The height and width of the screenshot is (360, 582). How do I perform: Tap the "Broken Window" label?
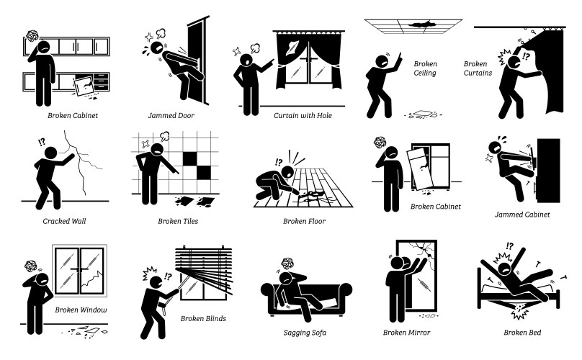point(81,310)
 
